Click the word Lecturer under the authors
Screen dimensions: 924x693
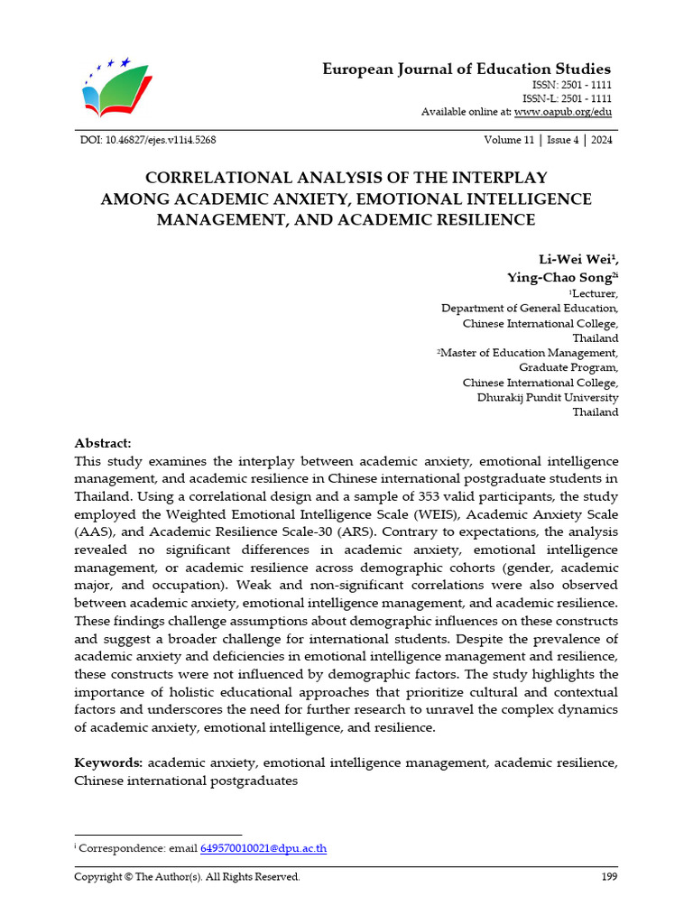coord(595,293)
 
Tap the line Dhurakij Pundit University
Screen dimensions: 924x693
coord(548,397)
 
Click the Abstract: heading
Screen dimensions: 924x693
coord(102,444)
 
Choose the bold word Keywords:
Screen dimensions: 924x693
coord(108,763)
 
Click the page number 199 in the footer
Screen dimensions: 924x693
coord(609,877)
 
